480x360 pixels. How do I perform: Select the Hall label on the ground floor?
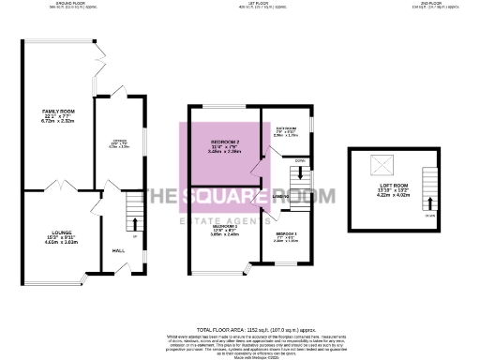(119, 251)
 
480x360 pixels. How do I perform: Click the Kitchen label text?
(119, 142)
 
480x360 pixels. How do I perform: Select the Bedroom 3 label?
(287, 233)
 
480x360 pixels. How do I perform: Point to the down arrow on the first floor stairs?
(301, 172)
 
